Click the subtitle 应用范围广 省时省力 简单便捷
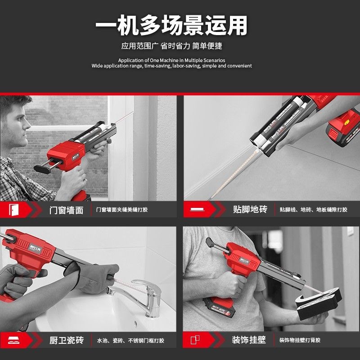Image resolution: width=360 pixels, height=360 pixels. [171, 46]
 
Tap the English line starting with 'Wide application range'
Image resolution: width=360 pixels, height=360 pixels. [171, 66]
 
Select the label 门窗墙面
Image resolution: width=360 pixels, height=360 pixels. [66, 210]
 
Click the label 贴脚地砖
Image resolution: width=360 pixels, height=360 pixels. [250, 210]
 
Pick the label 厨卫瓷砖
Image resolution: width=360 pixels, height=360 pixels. [66, 340]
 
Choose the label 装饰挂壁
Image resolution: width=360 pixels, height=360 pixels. [249, 340]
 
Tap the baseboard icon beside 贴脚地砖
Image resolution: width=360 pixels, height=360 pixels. [197, 210]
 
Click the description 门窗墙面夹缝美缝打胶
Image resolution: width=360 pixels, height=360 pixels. [122, 210]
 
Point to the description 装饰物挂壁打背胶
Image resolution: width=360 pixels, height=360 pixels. [300, 340]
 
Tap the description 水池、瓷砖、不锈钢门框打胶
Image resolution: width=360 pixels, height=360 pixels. [130, 340]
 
